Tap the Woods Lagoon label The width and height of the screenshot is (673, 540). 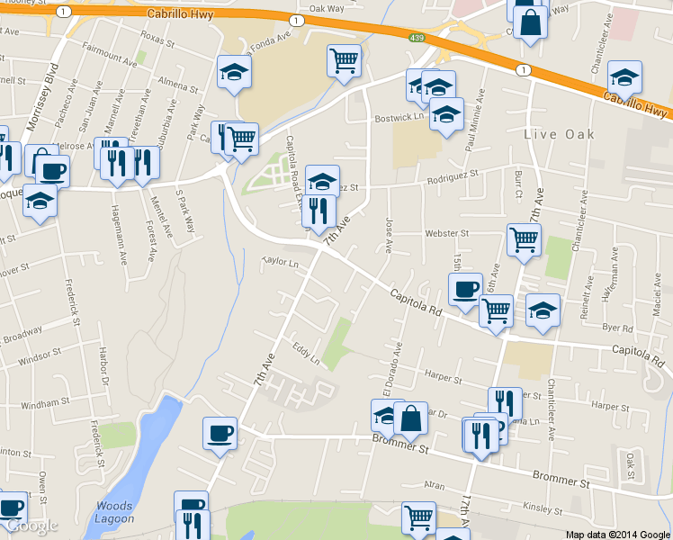[x=114, y=512]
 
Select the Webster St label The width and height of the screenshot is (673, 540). [x=447, y=234]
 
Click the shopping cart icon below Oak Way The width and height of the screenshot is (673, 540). [x=344, y=60]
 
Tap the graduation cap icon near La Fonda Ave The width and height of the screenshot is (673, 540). [x=234, y=72]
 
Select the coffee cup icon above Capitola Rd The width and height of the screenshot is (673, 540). [x=465, y=290]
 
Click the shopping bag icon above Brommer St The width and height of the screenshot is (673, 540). [x=410, y=418]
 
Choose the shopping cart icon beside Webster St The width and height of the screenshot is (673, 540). [x=524, y=239]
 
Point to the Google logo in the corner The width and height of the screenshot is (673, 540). [x=31, y=526]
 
